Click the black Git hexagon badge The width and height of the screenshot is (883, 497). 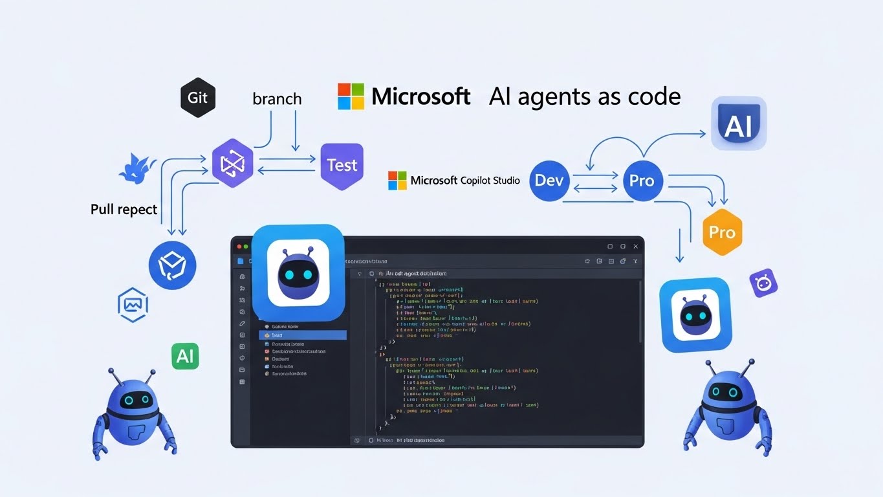197,98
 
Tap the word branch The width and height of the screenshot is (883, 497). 277,99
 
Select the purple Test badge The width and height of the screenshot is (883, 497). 342,166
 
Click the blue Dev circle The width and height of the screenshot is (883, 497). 549,181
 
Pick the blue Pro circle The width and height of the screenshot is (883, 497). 642,181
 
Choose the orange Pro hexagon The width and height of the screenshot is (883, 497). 722,232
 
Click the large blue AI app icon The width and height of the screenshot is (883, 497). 738,124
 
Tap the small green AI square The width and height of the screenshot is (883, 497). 185,357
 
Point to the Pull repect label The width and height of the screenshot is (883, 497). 124,210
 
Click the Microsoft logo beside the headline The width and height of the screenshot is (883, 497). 351,96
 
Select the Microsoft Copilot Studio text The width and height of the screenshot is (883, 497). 464,181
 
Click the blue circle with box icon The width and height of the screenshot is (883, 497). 172,265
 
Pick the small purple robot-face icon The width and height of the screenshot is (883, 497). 763,283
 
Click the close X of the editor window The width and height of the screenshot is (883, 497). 635,247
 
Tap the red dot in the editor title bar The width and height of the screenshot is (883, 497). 238,247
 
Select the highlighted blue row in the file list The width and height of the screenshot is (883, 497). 302,335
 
